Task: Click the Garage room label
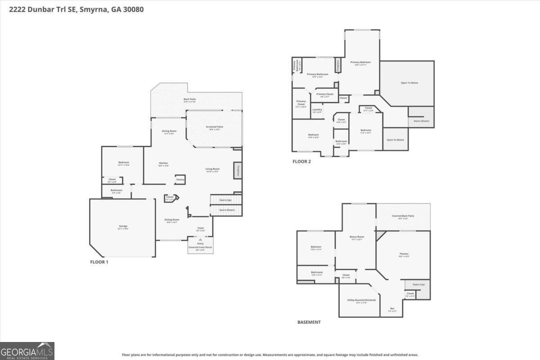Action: [x=123, y=227]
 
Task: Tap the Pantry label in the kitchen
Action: [x=180, y=179]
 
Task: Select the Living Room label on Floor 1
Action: [x=213, y=170]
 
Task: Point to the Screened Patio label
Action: [x=214, y=127]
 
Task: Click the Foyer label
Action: [x=201, y=229]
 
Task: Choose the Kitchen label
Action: [x=163, y=164]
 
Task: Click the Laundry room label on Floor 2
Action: [x=317, y=110]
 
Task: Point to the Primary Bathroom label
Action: [x=317, y=75]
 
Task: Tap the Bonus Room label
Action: [x=357, y=237]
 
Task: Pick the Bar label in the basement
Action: [x=392, y=309]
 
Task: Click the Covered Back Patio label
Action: [x=403, y=216]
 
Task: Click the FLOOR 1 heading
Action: [x=99, y=262]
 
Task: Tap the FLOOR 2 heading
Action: [x=301, y=162]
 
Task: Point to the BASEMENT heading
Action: [x=309, y=322]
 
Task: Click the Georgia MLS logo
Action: [x=27, y=351]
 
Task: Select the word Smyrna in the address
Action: [x=93, y=9]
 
